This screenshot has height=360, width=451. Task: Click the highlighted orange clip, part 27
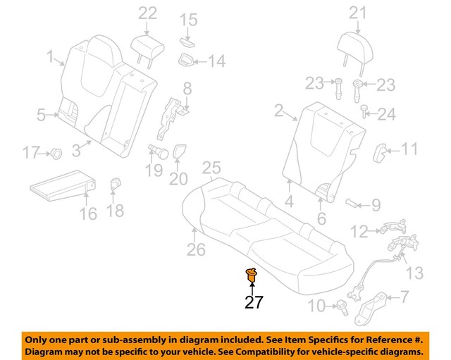[250, 275]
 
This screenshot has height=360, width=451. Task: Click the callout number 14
[216, 62]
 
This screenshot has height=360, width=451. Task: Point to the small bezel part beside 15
[187, 39]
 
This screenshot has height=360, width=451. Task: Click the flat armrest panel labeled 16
[62, 185]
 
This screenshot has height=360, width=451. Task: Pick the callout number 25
[211, 168]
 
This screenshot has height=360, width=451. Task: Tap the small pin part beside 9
[352, 204]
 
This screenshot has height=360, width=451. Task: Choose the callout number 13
[415, 272]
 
